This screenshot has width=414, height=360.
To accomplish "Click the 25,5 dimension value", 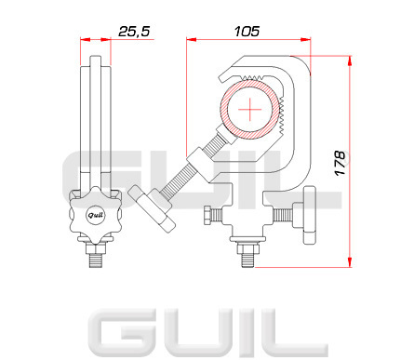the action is pyautogui.click(x=134, y=32).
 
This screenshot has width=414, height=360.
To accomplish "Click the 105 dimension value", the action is pyautogui.click(x=247, y=32).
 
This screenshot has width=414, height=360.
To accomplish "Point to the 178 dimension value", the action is pyautogui.click(x=341, y=163).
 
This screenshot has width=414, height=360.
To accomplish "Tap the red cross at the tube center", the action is pyautogui.click(x=250, y=110).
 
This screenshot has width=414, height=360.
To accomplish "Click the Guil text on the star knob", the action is pyautogui.click(x=96, y=215).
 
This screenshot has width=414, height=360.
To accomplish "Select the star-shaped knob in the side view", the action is pyautogui.click(x=96, y=215).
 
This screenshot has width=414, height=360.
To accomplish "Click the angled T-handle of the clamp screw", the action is pyautogui.click(x=152, y=208).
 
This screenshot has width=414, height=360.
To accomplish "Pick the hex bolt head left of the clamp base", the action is pyautogui.click(x=208, y=215).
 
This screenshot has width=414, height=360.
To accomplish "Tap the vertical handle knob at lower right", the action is pyautogui.click(x=309, y=215).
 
